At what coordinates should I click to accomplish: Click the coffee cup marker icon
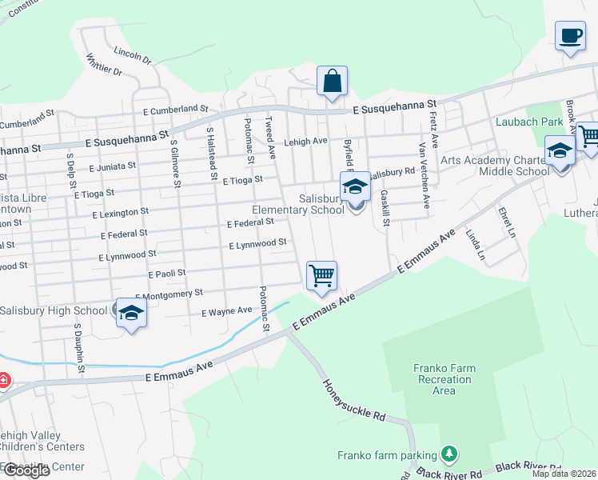[x=570, y=36]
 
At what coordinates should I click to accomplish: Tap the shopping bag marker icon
[x=332, y=82]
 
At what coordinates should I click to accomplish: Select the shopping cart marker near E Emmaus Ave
[x=321, y=276]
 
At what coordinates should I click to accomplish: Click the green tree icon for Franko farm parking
[x=449, y=454]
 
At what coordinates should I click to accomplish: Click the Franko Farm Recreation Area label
[x=444, y=379]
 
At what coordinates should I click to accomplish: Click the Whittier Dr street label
[x=105, y=66]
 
